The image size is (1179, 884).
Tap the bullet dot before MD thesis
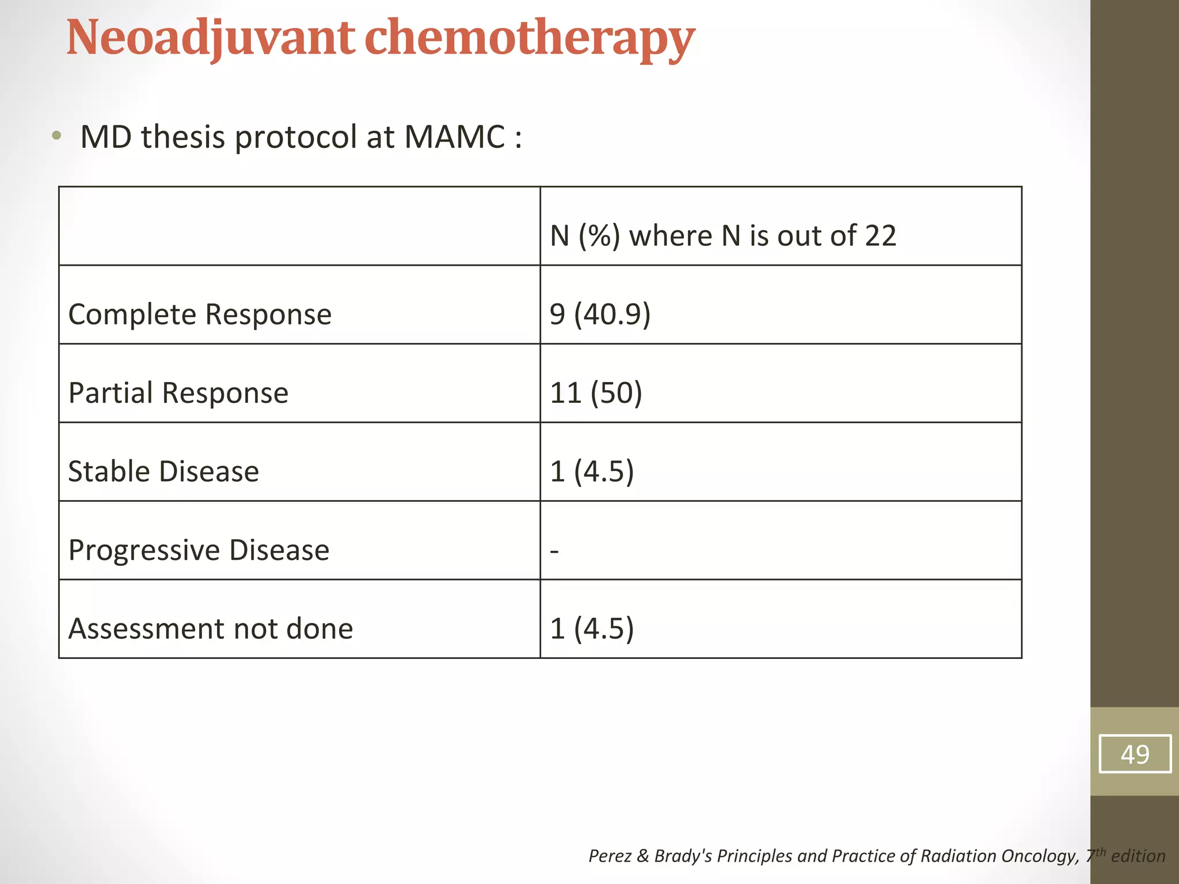56,136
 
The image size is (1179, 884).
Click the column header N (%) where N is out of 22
722,235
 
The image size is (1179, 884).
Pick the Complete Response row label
200,314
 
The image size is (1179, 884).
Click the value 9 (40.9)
600,314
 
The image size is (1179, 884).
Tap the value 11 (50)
596,393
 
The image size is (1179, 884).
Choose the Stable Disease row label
163,471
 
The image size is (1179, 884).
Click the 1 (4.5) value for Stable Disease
592,471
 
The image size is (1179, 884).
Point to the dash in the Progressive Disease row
554,551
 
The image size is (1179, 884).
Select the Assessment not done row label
210,628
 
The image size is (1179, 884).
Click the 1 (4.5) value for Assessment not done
592,628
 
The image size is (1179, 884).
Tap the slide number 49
1135,754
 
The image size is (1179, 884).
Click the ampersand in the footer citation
642,856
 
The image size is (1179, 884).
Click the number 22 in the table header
880,235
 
